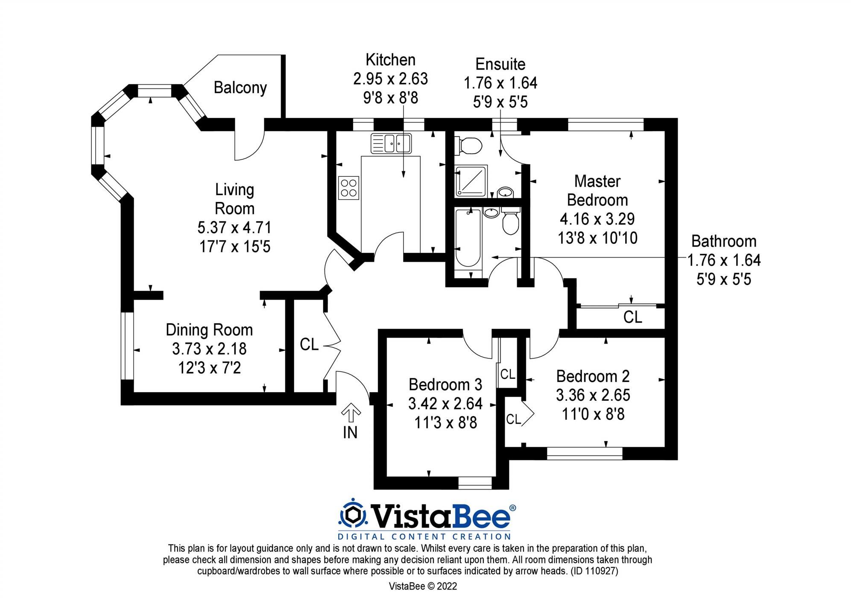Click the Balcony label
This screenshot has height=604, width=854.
(x=240, y=88)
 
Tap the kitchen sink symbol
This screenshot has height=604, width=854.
(x=391, y=143)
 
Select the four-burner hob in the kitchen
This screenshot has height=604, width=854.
(x=348, y=188)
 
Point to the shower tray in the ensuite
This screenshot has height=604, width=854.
(x=471, y=181)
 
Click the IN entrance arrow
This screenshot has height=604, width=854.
(x=351, y=413)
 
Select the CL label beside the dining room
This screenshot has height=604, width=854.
(x=309, y=344)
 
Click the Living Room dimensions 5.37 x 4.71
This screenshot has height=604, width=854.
(x=234, y=228)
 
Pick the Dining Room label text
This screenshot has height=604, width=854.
(x=209, y=330)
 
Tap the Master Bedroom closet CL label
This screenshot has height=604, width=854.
(x=632, y=317)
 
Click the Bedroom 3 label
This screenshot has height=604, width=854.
(x=445, y=384)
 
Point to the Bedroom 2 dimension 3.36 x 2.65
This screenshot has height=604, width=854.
(x=593, y=395)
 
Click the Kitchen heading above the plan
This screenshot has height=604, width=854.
(x=390, y=60)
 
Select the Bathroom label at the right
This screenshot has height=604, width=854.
(x=723, y=241)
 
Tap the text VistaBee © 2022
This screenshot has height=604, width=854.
(x=423, y=586)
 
